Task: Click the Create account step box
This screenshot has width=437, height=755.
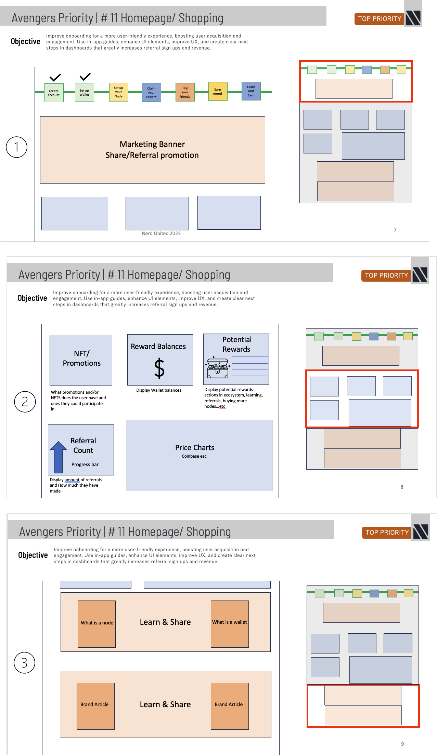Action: click(54, 93)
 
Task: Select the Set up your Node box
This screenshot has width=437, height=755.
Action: click(118, 92)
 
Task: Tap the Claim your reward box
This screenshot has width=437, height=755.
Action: click(151, 93)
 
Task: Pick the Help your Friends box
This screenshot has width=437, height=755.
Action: click(185, 92)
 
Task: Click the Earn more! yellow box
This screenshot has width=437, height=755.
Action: click(218, 91)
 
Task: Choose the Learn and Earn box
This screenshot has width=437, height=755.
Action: click(251, 91)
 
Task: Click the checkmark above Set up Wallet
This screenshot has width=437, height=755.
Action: click(85, 77)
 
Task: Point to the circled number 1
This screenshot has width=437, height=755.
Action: click(16, 147)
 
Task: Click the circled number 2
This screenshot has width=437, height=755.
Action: click(25, 402)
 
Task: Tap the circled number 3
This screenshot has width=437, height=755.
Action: click(24, 663)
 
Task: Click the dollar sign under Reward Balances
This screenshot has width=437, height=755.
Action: click(159, 368)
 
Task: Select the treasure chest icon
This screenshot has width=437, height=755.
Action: click(217, 368)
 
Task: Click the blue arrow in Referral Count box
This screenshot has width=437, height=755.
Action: click(59, 456)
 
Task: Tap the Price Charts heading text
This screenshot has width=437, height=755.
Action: click(194, 448)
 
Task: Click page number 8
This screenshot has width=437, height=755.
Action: click(402, 487)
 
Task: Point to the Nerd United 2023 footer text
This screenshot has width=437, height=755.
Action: click(161, 233)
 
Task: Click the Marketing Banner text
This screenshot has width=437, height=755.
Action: click(152, 144)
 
